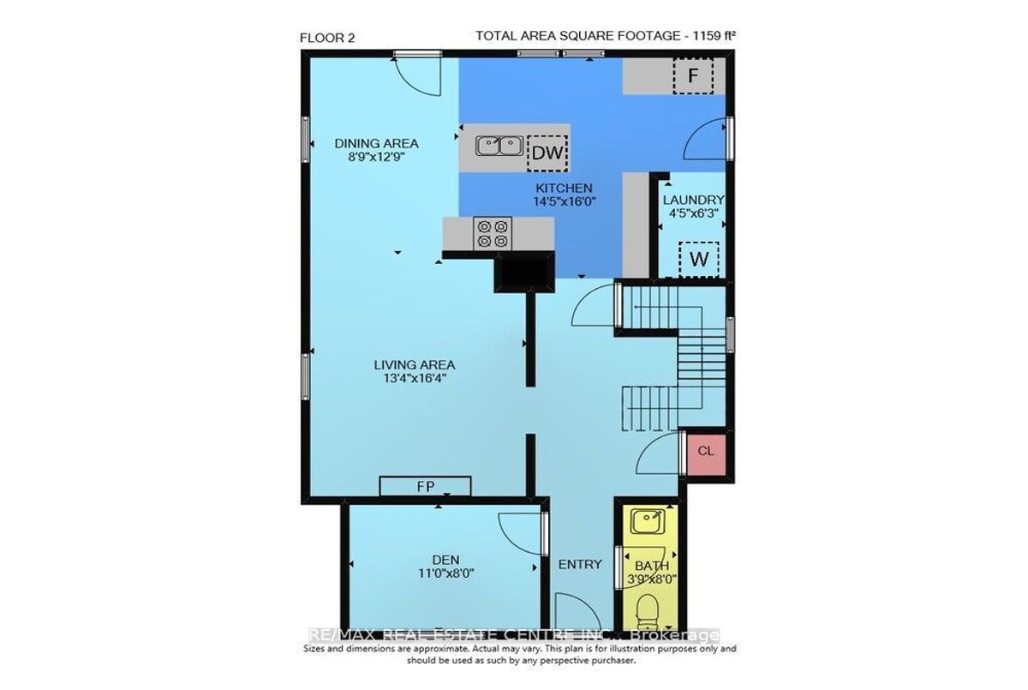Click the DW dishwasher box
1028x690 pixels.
(547, 153)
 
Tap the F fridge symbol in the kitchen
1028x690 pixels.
(693, 75)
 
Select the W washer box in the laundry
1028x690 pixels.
(699, 260)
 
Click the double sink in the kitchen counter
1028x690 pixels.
(499, 147)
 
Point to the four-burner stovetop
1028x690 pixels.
(493, 234)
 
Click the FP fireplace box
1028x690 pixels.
(425, 486)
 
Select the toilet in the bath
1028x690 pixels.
(648, 612)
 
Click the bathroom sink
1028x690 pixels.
(647, 522)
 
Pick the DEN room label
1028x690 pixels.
(445, 560)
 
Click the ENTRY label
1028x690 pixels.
(580, 565)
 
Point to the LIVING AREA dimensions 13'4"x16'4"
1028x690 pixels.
(415, 379)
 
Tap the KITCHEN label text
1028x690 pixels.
(564, 189)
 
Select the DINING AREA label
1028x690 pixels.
(376, 144)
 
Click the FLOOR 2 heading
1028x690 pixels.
(327, 38)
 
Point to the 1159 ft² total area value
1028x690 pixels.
(714, 35)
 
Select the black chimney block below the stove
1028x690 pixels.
(524, 273)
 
